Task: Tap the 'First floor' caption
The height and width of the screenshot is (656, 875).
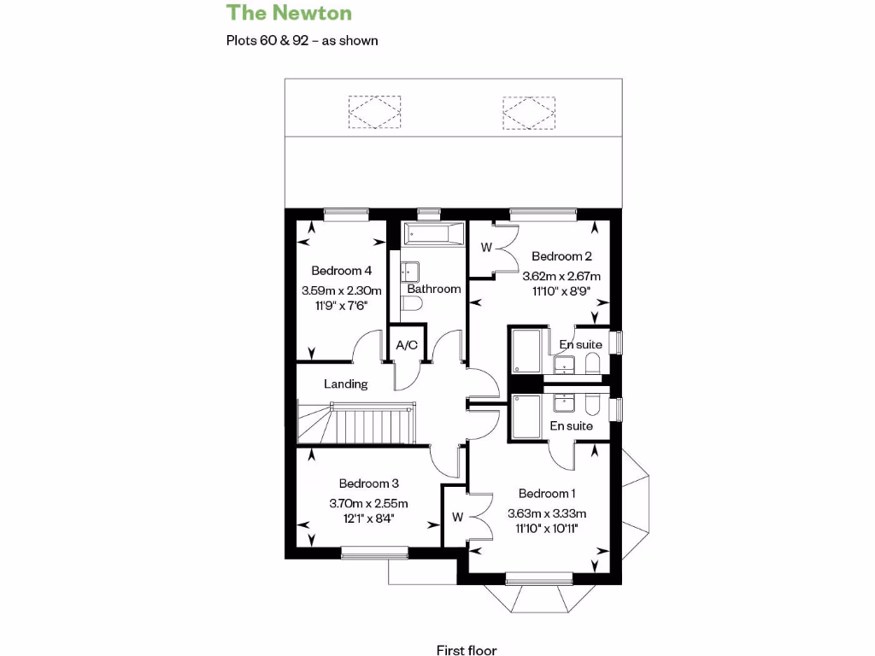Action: click(467, 651)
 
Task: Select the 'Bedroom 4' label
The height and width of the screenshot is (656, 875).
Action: click(341, 271)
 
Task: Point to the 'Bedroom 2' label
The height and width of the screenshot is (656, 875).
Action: click(561, 256)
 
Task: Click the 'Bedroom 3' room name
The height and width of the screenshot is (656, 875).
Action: click(368, 483)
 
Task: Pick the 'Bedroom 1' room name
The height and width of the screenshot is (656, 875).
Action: click(547, 494)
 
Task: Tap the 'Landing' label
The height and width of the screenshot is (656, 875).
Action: click(345, 384)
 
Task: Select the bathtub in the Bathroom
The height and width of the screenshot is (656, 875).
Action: click(433, 232)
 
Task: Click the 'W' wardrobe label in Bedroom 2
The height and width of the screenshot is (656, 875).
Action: click(486, 249)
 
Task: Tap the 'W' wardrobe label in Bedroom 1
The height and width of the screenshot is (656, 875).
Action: click(458, 517)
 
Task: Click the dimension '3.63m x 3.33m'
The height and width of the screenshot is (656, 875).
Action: click(547, 513)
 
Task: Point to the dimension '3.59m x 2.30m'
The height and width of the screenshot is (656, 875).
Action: click(341, 290)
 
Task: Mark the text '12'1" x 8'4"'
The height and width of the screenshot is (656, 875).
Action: click(368, 518)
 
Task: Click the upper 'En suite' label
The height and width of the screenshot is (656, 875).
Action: click(581, 345)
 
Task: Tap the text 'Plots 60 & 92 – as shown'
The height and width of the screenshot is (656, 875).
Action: click(302, 40)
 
